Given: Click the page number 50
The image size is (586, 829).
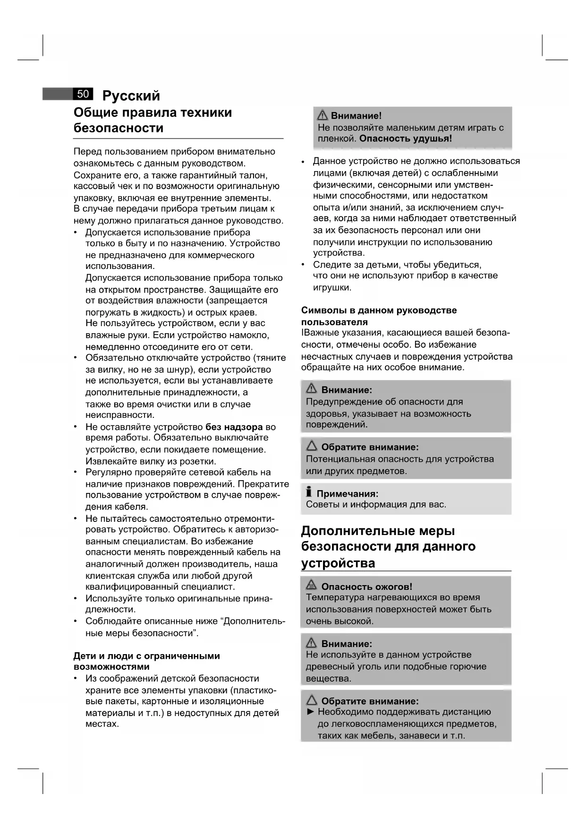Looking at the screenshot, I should tap(83, 94).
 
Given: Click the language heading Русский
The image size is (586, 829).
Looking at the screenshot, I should tap(131, 96).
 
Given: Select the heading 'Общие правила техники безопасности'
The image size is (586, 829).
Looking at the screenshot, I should tap(153, 120).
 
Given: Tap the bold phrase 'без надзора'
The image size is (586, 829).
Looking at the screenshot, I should tap(234, 427).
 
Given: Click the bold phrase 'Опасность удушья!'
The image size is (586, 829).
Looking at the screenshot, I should tap(406, 139).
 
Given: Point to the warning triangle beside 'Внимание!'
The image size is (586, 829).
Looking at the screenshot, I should tap(323, 115).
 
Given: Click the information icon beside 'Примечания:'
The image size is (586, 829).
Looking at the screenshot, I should tap(309, 492).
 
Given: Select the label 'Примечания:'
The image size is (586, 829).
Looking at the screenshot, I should tap(347, 494).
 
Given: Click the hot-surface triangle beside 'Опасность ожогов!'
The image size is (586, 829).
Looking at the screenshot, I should tap(311, 586).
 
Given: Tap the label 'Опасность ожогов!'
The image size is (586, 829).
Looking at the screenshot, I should tap(366, 587).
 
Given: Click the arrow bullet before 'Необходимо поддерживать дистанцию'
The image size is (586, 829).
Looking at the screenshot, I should tap(310, 712).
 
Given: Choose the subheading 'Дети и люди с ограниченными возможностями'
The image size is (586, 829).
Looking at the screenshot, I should tap(146, 661).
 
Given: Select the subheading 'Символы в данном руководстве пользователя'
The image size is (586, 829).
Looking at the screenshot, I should tap(379, 316).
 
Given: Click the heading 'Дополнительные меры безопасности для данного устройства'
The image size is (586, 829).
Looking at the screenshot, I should tap(388, 546).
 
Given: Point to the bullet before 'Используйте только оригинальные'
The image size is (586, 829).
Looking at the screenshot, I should tap(76, 599).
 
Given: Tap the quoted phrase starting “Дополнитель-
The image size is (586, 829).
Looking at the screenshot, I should tap(254, 622).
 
